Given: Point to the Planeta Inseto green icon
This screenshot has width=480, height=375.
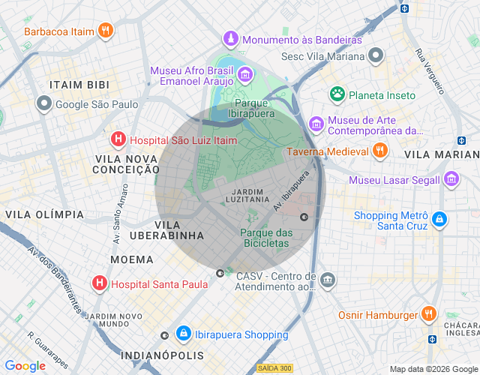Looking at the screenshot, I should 337,94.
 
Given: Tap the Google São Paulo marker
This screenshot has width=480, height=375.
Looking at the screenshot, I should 45,104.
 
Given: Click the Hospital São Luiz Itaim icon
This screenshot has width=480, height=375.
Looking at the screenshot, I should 118,139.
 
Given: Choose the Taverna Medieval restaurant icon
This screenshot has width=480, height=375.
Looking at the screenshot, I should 380,151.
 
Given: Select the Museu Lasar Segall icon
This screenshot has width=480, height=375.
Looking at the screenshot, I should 451,179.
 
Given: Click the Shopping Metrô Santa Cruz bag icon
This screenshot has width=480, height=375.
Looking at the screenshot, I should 439,220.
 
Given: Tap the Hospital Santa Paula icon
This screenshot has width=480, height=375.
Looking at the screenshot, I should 99,283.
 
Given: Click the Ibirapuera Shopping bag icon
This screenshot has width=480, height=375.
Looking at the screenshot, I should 183,333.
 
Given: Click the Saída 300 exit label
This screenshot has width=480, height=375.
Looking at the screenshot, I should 274,367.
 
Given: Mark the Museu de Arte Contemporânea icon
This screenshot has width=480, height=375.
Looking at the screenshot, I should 316,123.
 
